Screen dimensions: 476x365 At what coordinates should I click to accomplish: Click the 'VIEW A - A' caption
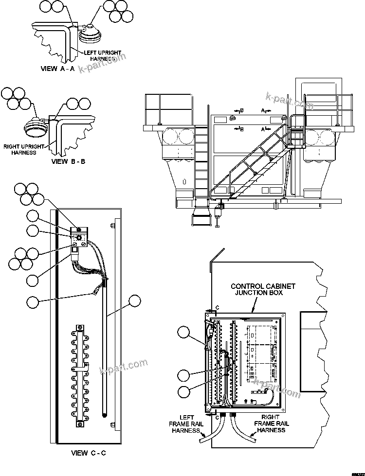[57, 69]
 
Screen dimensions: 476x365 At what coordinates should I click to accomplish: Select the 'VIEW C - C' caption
[88, 453]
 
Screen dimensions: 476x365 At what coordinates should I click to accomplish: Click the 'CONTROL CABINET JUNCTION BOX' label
[256, 290]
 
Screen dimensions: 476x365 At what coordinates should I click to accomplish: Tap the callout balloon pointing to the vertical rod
[134, 302]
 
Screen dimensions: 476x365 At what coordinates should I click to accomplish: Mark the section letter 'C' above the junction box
[217, 308]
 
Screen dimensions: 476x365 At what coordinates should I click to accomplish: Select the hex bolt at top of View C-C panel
[112, 225]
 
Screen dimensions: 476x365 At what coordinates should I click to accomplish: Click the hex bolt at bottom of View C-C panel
[112, 426]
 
